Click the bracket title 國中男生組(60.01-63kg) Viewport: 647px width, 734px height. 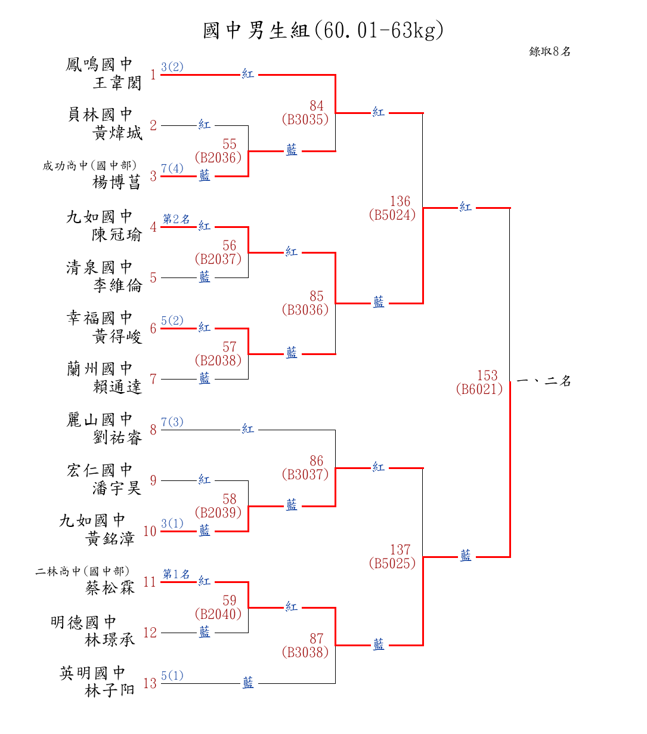[x=323, y=30]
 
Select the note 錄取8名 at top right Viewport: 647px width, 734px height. [x=550, y=52]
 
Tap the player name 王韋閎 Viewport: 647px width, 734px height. [x=117, y=82]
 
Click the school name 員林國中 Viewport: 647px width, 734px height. [x=100, y=115]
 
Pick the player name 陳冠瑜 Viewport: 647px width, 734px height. [x=117, y=235]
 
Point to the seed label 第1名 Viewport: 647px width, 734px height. [x=177, y=574]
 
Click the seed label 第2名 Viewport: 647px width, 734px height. [x=177, y=220]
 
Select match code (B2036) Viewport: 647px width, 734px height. [x=218, y=158]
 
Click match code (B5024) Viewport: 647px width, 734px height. [x=392, y=215]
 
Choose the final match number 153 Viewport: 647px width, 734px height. [x=487, y=376]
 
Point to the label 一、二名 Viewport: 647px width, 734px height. [x=544, y=381]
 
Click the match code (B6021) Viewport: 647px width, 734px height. [x=479, y=390]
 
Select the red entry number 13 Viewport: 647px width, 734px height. [x=150, y=683]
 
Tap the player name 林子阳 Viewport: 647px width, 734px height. [x=110, y=691]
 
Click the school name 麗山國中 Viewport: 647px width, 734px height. [x=100, y=420]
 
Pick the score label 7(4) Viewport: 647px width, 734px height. [x=172, y=168]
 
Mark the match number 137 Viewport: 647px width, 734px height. [x=401, y=550]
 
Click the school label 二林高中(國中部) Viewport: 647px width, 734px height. [x=82, y=572]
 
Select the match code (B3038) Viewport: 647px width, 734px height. [x=305, y=652]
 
